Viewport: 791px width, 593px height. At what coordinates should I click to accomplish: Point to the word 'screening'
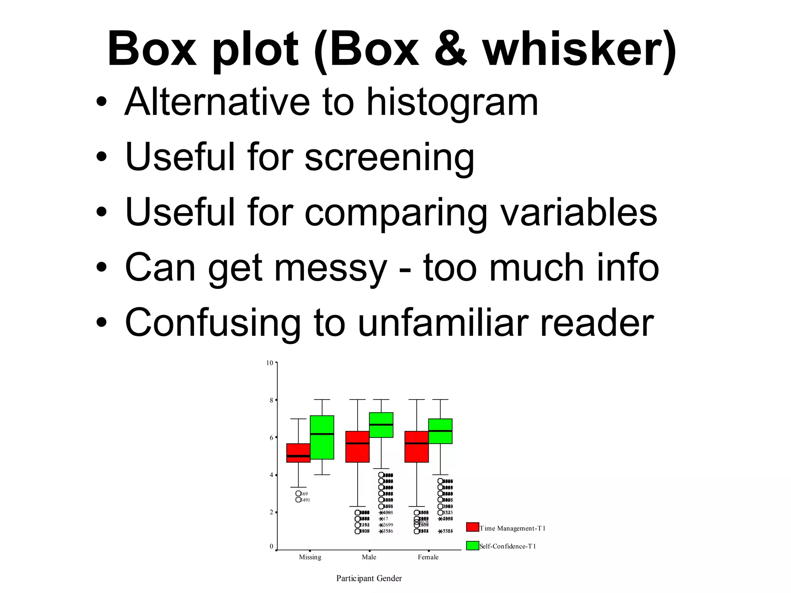pyautogui.click(x=389, y=158)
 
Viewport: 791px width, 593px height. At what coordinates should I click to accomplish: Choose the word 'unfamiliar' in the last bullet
pyautogui.click(x=442, y=323)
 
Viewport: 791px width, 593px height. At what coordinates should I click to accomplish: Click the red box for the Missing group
pyautogui.click(x=298, y=453)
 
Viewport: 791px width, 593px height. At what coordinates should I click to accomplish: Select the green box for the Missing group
pyautogui.click(x=322, y=437)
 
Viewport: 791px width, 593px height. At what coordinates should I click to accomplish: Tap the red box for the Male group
pyautogui.click(x=357, y=447)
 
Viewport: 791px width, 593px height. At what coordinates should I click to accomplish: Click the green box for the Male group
pyautogui.click(x=381, y=425)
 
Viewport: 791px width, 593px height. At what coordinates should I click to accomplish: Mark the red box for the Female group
pyautogui.click(x=416, y=447)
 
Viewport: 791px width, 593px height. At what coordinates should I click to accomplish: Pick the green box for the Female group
pyautogui.click(x=440, y=431)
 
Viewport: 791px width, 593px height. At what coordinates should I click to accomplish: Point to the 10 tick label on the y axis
pyautogui.click(x=270, y=363)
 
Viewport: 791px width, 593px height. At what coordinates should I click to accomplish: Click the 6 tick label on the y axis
pyautogui.click(x=271, y=437)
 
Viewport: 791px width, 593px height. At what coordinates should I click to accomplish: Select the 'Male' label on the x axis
pyautogui.click(x=369, y=557)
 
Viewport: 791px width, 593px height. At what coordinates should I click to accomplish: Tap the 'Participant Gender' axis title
pyautogui.click(x=369, y=578)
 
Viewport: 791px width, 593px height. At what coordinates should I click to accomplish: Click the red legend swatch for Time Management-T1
pyautogui.click(x=472, y=527)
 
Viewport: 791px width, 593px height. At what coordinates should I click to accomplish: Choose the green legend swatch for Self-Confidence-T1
pyautogui.click(x=472, y=546)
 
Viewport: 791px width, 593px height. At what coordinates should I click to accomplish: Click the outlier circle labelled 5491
pyautogui.click(x=298, y=500)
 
